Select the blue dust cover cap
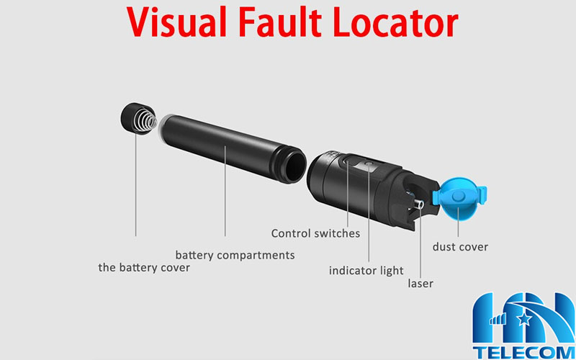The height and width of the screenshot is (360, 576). (x=462, y=198)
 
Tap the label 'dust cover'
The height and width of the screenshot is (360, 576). (x=460, y=247)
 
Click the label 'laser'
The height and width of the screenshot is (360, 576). (x=420, y=283)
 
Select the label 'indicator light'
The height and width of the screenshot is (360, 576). (x=366, y=271)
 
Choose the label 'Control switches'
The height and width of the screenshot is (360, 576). (x=315, y=233)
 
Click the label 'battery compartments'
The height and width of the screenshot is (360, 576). (x=235, y=255)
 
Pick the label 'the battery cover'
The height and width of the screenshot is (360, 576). (x=144, y=268)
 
